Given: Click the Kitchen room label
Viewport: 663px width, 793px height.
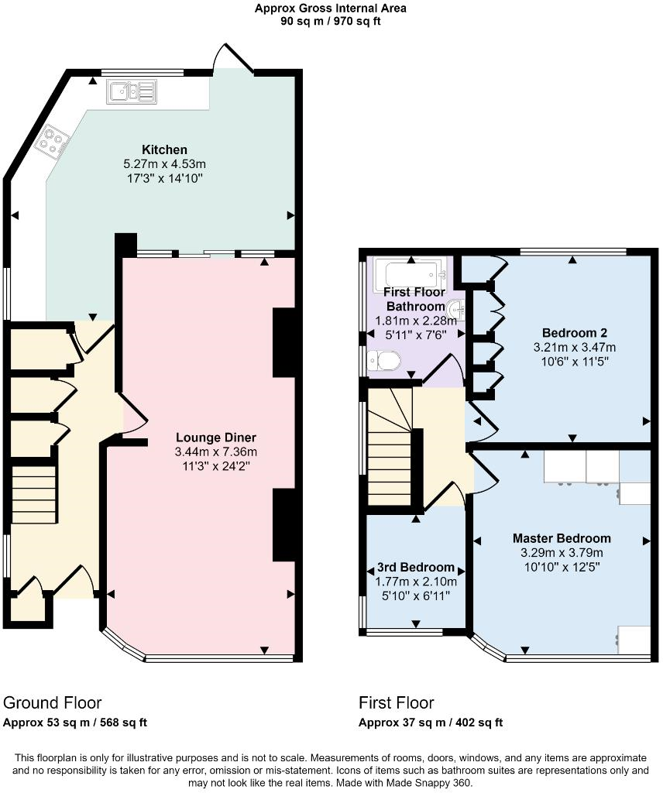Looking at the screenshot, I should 164,149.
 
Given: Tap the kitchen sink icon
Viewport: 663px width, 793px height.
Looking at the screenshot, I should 132,92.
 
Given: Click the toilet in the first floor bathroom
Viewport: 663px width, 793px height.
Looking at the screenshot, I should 384,361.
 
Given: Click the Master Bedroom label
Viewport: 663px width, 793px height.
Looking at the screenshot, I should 562,538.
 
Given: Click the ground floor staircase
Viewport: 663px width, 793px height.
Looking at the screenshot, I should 35,493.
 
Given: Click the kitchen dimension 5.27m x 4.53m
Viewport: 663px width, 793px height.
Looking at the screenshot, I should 164,164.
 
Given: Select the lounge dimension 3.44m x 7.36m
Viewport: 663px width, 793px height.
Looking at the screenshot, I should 215,452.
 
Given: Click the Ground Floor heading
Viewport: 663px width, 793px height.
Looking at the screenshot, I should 53,703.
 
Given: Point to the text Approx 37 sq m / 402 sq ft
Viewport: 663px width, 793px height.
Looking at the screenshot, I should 431,723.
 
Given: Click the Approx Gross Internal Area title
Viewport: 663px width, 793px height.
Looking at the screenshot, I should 331,9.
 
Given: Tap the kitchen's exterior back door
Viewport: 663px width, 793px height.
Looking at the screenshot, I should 234,58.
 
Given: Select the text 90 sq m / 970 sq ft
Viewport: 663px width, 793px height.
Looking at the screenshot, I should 331,22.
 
